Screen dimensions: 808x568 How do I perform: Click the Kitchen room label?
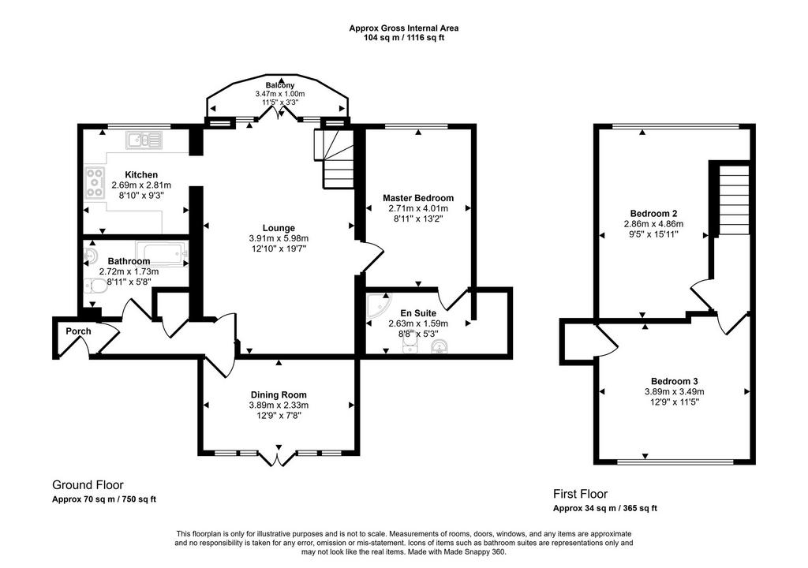(141, 174)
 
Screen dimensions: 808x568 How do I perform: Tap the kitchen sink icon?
(144, 140)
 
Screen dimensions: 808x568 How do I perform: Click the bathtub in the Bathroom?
(161, 253)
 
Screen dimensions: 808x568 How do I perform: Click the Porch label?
(78, 331)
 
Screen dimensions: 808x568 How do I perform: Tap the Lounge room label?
(279, 228)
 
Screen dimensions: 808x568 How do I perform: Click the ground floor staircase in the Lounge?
(334, 159)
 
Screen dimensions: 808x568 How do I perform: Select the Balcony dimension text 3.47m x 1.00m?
(280, 94)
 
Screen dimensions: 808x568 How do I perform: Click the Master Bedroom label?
(418, 198)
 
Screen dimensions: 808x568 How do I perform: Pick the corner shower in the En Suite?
(379, 305)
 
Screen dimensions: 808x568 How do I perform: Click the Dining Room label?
(279, 395)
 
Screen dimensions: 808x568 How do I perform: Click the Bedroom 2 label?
(653, 213)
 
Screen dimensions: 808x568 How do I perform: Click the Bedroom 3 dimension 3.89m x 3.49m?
(674, 392)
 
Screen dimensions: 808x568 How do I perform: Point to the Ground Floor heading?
(88, 485)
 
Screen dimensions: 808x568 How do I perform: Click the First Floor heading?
(580, 494)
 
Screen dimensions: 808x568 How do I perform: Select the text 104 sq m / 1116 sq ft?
(403, 38)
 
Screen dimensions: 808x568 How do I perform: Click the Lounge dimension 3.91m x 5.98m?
(279, 238)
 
